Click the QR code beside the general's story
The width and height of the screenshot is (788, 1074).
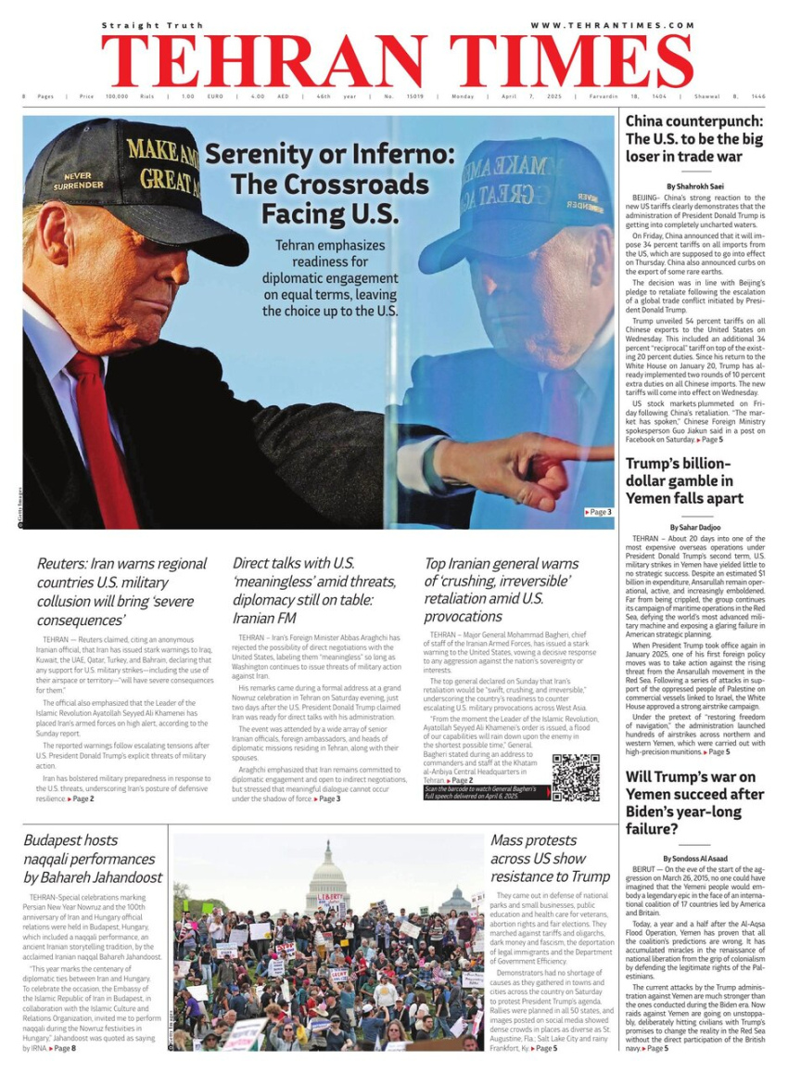tap(576, 777)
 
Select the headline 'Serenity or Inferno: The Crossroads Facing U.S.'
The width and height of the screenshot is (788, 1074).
tap(316, 184)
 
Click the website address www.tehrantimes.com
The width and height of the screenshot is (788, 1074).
tap(612, 25)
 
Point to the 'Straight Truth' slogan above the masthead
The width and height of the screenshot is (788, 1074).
tap(152, 25)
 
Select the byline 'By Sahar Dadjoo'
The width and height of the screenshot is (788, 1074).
tap(694, 527)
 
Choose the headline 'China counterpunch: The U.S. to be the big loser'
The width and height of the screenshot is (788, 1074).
tap(694, 138)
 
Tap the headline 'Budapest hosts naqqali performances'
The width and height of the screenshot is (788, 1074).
tap(93, 858)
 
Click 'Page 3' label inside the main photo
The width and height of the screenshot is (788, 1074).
tap(598, 512)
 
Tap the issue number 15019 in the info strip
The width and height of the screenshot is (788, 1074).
tap(410, 96)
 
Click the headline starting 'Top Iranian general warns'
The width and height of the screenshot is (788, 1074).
tap(502, 589)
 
